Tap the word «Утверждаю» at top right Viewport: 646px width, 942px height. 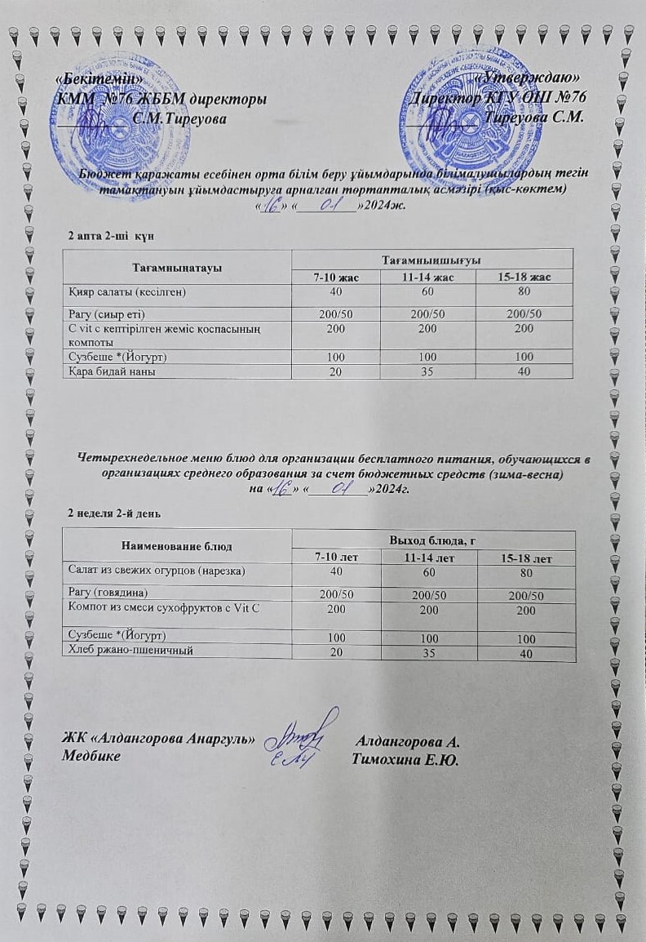click(x=535, y=78)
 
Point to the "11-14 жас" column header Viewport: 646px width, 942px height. click(x=427, y=278)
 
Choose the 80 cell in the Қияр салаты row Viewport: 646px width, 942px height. click(x=524, y=291)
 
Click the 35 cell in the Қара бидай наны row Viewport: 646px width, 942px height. click(x=427, y=371)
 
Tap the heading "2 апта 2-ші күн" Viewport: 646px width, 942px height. click(x=111, y=235)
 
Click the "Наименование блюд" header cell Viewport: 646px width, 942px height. click(x=177, y=545)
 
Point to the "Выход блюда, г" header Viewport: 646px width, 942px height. click(x=433, y=540)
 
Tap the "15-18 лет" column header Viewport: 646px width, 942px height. click(x=526, y=559)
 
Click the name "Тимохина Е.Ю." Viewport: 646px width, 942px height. click(x=405, y=760)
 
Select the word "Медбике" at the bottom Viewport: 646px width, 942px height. click(x=92, y=756)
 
